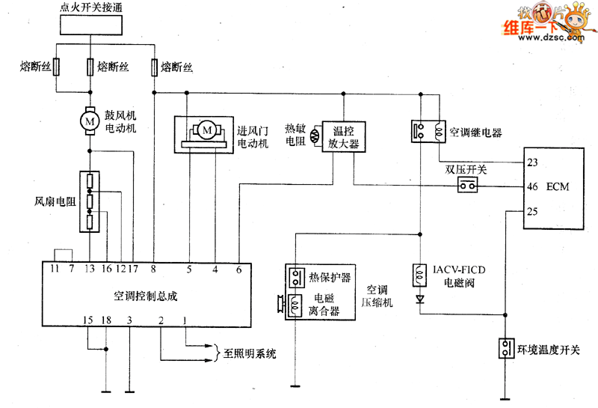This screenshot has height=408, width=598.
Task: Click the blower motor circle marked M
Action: [x=90, y=120]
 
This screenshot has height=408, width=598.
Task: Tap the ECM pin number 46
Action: [x=532, y=186]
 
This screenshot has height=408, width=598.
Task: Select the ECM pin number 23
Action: [x=532, y=162]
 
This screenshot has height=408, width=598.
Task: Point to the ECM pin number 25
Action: [x=532, y=211]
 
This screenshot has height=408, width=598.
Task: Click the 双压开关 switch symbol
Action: [x=467, y=185]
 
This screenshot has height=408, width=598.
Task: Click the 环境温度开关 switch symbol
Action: [x=507, y=349]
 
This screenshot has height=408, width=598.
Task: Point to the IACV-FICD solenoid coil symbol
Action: [x=419, y=274]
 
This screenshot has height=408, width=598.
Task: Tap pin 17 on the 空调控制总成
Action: [x=133, y=267]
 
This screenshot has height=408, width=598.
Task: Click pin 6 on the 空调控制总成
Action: [x=239, y=267]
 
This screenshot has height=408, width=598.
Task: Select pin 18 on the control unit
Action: [x=106, y=321]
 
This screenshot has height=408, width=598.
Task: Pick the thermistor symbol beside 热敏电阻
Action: [x=313, y=136]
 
